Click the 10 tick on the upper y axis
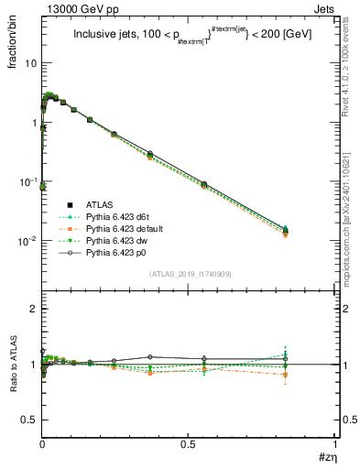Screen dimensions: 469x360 (30, 63)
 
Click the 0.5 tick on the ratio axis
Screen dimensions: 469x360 (28, 420)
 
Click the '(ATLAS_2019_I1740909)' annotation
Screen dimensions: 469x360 (188, 274)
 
